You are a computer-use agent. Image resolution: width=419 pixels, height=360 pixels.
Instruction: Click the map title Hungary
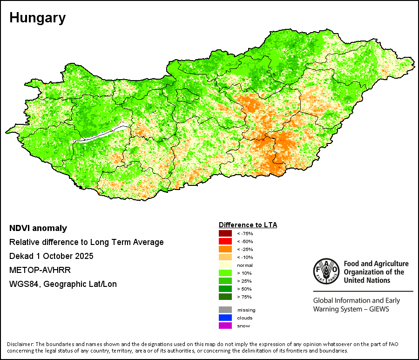[37, 18]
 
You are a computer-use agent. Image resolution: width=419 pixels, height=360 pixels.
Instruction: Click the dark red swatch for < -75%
[225, 233]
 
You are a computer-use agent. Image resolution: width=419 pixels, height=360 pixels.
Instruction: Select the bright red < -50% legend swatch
[225, 241]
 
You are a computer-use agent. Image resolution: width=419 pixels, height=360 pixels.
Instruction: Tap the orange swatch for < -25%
[225, 249]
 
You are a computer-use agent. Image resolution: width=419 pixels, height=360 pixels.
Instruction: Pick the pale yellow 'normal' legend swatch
[225, 265]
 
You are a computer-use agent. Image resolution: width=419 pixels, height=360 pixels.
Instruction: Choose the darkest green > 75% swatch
[225, 297]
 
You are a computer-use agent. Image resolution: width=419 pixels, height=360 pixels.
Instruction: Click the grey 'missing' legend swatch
[225, 310]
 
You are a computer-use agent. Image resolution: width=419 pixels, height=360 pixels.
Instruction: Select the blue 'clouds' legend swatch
[225, 318]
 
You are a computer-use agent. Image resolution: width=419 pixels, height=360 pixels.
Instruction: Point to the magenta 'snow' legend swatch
[225, 326]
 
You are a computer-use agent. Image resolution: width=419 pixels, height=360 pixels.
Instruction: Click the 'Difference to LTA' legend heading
[248, 225]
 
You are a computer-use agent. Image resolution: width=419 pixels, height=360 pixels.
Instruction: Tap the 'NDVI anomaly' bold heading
[38, 228]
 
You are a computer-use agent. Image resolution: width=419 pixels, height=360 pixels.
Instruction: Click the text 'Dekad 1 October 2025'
[51, 256]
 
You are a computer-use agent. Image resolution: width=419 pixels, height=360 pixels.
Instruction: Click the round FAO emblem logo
[326, 272]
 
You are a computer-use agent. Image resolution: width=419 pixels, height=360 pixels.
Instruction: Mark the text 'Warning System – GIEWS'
[351, 309]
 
